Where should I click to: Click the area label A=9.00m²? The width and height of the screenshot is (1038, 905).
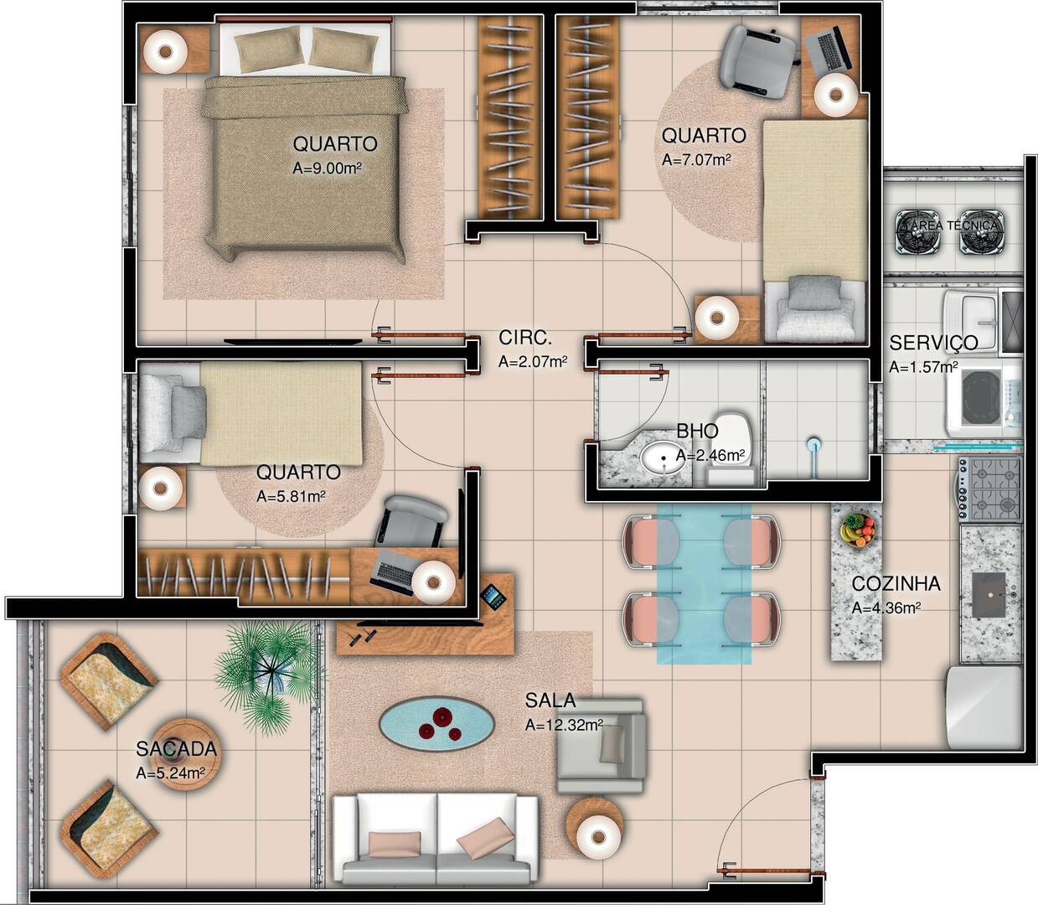328,168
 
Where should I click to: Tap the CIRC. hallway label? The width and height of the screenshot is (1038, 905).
525,338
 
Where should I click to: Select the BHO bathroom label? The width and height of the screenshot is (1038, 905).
697,431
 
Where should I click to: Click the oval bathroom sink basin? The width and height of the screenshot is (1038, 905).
662,458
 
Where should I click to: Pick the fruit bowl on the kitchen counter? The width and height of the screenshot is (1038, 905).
857,530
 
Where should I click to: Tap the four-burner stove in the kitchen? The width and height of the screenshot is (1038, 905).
992,489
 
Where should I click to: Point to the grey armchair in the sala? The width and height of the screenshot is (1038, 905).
601,745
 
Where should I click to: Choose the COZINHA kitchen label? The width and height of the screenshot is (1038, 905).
896,584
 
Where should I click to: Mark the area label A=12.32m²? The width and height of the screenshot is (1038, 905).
564,726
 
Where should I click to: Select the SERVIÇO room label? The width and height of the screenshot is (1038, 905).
933,343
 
